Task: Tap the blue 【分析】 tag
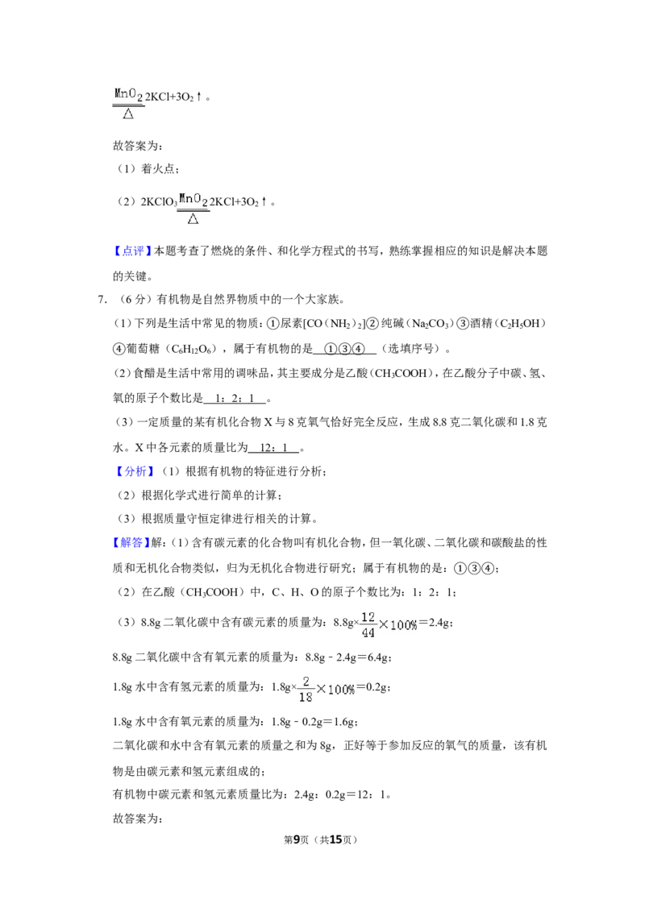tap(133, 471)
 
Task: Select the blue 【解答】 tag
tap(131, 543)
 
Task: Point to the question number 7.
tap(102, 301)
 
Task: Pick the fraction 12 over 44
tap(368, 624)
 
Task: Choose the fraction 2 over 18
tap(306, 689)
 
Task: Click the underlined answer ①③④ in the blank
tap(344, 349)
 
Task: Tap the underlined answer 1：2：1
tap(235, 399)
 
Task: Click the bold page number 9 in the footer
tap(297, 839)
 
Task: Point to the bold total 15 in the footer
tap(335, 839)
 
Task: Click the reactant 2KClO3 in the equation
tap(159, 202)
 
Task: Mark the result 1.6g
tap(343, 722)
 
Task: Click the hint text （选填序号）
tap(411, 349)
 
